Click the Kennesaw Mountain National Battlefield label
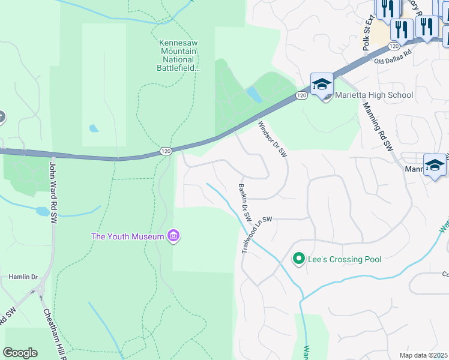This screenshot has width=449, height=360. click(x=178, y=55)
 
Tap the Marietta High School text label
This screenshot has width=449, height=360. click(x=374, y=95)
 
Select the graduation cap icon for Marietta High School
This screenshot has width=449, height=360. click(x=322, y=84)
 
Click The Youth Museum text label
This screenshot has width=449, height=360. click(x=127, y=236)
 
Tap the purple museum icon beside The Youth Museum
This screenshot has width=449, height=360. click(x=173, y=236)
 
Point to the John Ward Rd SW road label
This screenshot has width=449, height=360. click(x=52, y=194)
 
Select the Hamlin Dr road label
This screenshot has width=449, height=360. click(x=23, y=277)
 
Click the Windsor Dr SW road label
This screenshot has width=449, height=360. click(x=273, y=140)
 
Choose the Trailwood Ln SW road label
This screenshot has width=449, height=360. click(x=256, y=235)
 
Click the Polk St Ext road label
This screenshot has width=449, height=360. click(x=367, y=32)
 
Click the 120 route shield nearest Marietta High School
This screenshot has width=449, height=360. click(x=301, y=95)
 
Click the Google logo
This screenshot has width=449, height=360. click(x=20, y=353)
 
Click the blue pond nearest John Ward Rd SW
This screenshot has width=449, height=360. click(x=43, y=211)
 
